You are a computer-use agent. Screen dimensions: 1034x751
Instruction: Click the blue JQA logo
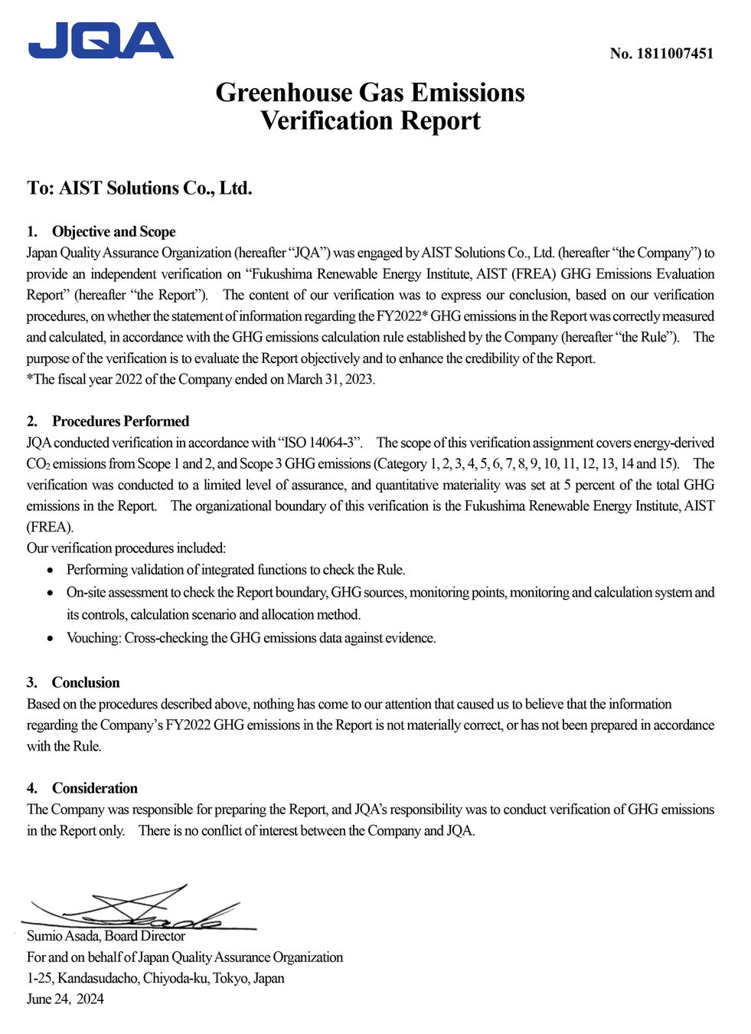[x=101, y=41]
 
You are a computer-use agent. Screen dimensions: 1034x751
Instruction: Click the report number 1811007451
[x=661, y=54]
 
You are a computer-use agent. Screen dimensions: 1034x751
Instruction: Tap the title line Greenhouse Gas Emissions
[x=370, y=93]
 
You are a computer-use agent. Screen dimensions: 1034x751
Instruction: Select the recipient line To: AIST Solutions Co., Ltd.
[x=139, y=188]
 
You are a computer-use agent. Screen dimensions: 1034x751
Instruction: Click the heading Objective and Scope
[x=113, y=232]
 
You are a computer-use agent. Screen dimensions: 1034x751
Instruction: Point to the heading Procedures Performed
[x=120, y=421]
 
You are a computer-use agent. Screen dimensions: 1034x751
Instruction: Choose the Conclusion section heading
[x=86, y=682]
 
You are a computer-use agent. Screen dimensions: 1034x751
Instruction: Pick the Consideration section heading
[x=95, y=788]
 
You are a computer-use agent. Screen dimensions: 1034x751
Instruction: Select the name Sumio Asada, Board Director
[x=106, y=936]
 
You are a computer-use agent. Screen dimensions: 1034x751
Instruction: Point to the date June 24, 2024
[x=65, y=999]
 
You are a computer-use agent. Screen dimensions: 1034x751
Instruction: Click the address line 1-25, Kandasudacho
[x=155, y=978]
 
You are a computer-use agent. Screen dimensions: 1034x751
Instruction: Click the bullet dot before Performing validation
[x=51, y=571]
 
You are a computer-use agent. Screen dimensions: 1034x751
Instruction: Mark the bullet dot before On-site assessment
[x=51, y=594]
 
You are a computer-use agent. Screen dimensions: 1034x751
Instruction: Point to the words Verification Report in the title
[x=370, y=121]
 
